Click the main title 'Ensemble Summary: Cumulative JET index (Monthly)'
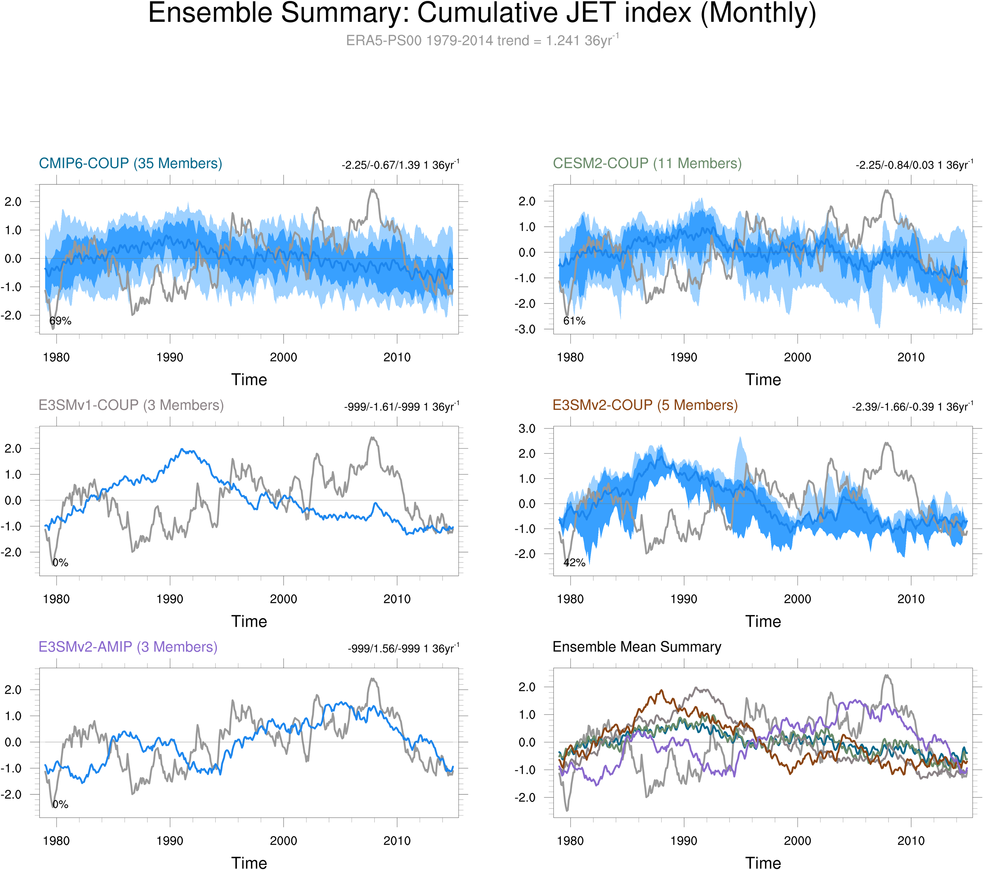click(482, 13)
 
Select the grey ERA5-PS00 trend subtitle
click(482, 41)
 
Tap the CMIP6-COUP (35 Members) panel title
click(130, 164)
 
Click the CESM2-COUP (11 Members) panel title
click(647, 164)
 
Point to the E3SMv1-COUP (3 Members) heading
click(131, 405)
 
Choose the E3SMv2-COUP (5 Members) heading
click(645, 405)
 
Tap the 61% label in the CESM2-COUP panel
click(574, 321)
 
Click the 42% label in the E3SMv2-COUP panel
click(574, 563)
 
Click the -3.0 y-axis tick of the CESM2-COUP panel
click(526, 330)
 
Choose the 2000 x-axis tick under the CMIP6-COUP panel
click(283, 357)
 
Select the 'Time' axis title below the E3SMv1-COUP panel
click(249, 621)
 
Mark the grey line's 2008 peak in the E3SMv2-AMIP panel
click(373, 680)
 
